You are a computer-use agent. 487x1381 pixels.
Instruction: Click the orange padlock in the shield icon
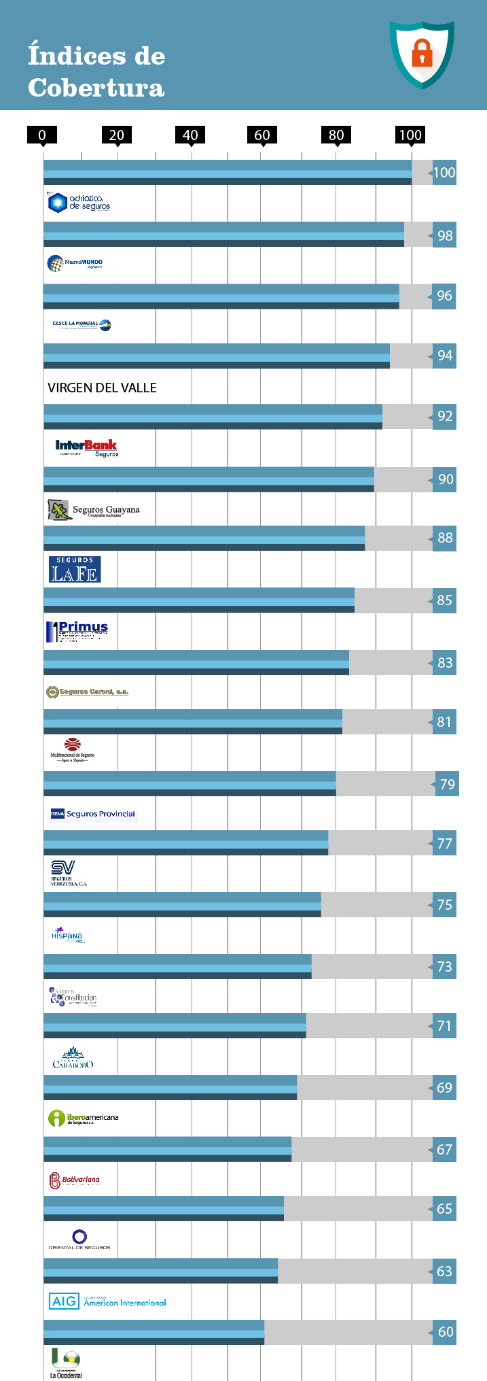pyautogui.click(x=422, y=52)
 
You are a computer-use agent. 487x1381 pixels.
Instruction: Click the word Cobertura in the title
pyautogui.click(x=96, y=88)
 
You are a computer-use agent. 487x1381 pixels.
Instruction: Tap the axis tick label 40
pyautogui.click(x=190, y=135)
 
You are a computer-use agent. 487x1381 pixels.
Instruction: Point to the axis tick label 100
pyautogui.click(x=410, y=135)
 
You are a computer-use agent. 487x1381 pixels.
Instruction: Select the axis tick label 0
pyautogui.click(x=42, y=135)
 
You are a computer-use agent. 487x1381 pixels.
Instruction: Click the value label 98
pyautogui.click(x=445, y=235)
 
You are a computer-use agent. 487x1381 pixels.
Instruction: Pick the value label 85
pyautogui.click(x=445, y=600)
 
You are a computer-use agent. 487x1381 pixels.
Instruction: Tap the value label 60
pyautogui.click(x=445, y=1331)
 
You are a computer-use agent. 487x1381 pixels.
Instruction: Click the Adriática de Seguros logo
pyautogui.click(x=79, y=203)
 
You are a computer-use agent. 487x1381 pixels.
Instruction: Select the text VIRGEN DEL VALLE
pyautogui.click(x=102, y=388)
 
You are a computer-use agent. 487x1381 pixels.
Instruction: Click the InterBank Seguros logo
pyautogui.click(x=87, y=447)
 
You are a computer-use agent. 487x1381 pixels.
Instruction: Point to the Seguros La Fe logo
pyautogui.click(x=75, y=570)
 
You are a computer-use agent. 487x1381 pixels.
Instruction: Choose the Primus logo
pyautogui.click(x=77, y=631)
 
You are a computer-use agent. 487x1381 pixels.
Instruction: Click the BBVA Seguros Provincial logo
pyautogui.click(x=93, y=813)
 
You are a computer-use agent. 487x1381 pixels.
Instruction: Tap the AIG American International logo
pyautogui.click(x=107, y=1301)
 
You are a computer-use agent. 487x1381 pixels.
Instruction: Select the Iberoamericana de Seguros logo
pyautogui.click(x=84, y=1118)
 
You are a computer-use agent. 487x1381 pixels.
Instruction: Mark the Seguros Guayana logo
pyautogui.click(x=94, y=510)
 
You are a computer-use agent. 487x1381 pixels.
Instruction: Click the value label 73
pyautogui.click(x=445, y=966)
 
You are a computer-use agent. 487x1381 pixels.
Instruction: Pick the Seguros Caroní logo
pyautogui.click(x=87, y=692)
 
